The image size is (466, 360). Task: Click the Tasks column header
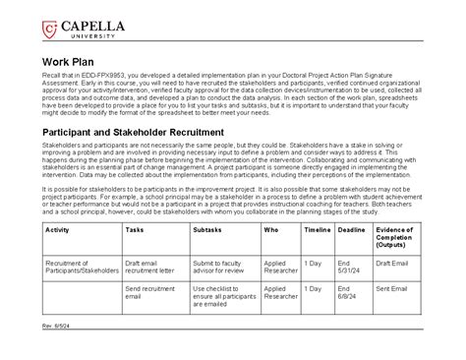pos(137,228)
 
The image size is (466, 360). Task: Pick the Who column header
pos(270,228)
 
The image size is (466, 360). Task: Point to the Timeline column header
pos(318,228)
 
